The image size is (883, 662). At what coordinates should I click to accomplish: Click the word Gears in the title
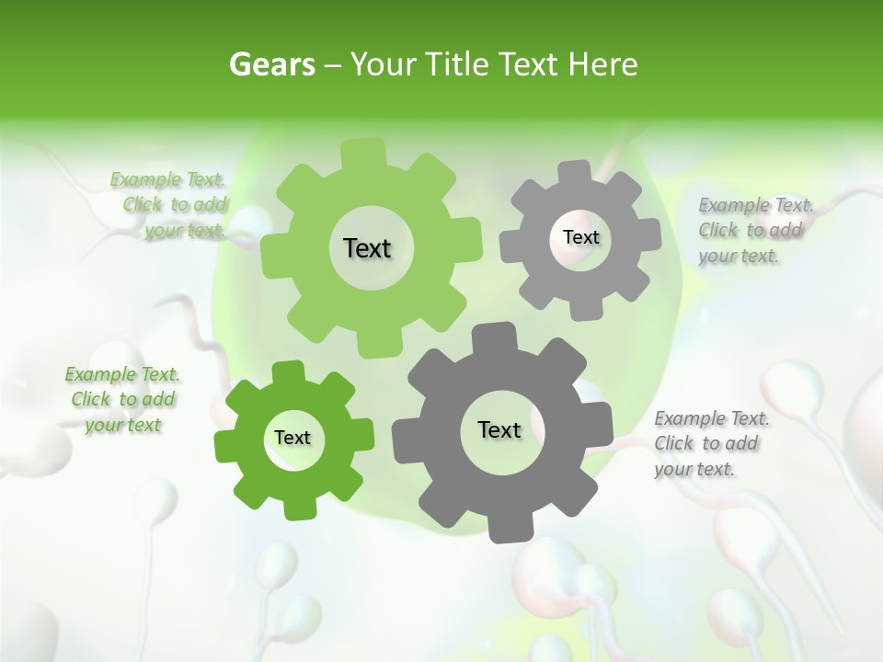pyautogui.click(x=269, y=65)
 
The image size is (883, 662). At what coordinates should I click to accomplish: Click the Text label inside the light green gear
pyautogui.click(x=367, y=248)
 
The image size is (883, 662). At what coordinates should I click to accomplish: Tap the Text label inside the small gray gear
pyautogui.click(x=580, y=237)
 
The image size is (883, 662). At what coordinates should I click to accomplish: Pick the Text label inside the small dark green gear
pyautogui.click(x=292, y=438)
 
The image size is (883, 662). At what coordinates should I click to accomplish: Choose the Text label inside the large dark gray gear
pyautogui.click(x=499, y=429)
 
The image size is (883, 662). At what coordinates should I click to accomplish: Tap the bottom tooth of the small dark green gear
pyautogui.click(x=297, y=505)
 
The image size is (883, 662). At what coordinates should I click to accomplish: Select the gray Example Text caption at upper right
pyautogui.click(x=754, y=230)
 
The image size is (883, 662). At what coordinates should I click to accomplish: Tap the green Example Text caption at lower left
pyautogui.click(x=122, y=399)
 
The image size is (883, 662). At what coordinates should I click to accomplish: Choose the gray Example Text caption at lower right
pyautogui.click(x=711, y=443)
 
